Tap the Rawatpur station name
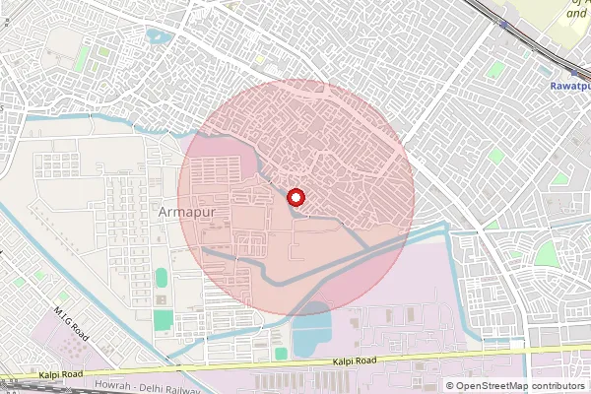tap(569, 86)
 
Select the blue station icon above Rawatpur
tap(572, 70)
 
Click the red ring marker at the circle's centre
tap(295, 198)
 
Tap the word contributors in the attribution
tap(558, 385)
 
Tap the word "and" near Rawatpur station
tap(578, 16)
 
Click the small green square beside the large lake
tap(281, 353)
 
